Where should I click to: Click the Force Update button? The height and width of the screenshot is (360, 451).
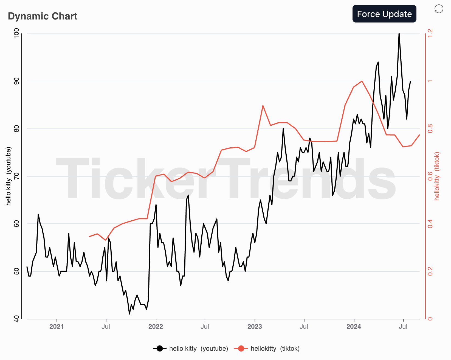pyautogui.click(x=384, y=14)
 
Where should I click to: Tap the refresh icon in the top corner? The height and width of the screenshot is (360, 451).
pyautogui.click(x=439, y=9)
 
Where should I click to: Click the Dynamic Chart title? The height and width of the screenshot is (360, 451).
pyautogui.click(x=43, y=16)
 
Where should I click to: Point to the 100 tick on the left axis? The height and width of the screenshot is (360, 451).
pyautogui.click(x=17, y=34)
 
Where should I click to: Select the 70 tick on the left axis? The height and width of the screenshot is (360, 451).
pyautogui.click(x=17, y=176)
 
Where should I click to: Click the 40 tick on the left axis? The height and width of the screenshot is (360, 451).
pyautogui.click(x=17, y=319)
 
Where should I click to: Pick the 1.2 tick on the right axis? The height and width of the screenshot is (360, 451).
pyautogui.click(x=430, y=34)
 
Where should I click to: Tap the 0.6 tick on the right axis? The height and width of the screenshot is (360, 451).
pyautogui.click(x=430, y=176)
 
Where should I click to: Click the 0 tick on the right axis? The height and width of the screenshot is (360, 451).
pyautogui.click(x=430, y=319)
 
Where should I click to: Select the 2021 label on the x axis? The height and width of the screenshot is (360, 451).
pyautogui.click(x=57, y=327)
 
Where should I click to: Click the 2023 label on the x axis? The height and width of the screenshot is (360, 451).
pyautogui.click(x=255, y=327)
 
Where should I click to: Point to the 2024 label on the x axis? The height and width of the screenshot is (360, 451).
pyautogui.click(x=354, y=327)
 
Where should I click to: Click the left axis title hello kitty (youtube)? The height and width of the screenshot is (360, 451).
pyautogui.click(x=9, y=176)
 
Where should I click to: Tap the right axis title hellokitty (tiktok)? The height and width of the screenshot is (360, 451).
pyautogui.click(x=437, y=176)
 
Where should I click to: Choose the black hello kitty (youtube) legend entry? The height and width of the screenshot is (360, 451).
pyautogui.click(x=190, y=348)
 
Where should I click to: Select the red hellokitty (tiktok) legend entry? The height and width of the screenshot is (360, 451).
pyautogui.click(x=267, y=348)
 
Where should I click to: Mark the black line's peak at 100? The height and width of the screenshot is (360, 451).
pyautogui.click(x=399, y=34)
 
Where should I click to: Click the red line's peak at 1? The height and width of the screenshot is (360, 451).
pyautogui.click(x=362, y=81)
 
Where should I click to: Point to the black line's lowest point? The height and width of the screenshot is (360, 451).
pyautogui.click(x=129, y=314)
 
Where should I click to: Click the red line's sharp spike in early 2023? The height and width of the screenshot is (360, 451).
pyautogui.click(x=263, y=106)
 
